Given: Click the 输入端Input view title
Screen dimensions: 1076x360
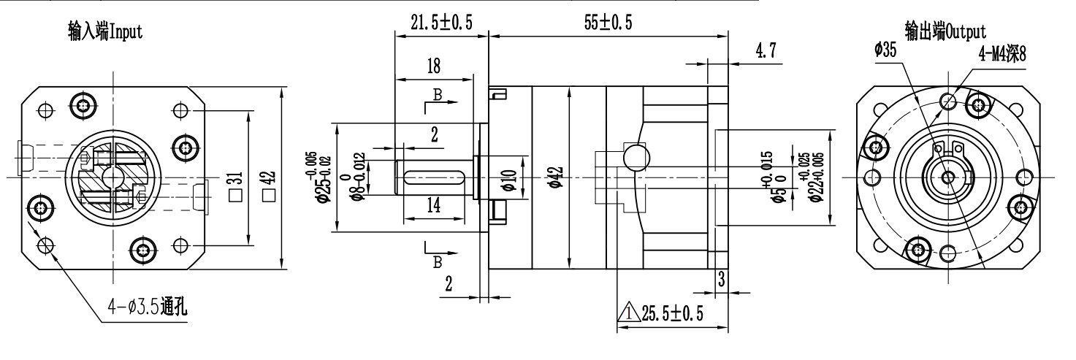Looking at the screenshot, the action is coord(106,31).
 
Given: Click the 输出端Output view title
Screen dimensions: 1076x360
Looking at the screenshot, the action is coord(945,31).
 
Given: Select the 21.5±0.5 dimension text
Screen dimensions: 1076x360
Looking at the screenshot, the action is coord(441,22).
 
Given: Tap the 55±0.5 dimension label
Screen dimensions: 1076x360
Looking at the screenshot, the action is coord(608,22).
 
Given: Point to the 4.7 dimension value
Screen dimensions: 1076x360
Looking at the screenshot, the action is coord(766,50).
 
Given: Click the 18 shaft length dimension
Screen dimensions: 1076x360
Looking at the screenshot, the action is coord(434,66).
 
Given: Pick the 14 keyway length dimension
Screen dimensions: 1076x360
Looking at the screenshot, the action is coord(434,205).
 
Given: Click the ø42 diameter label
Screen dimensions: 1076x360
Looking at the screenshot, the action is coord(556,177).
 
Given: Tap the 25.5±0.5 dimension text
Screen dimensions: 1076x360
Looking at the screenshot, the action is coord(672,313).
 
